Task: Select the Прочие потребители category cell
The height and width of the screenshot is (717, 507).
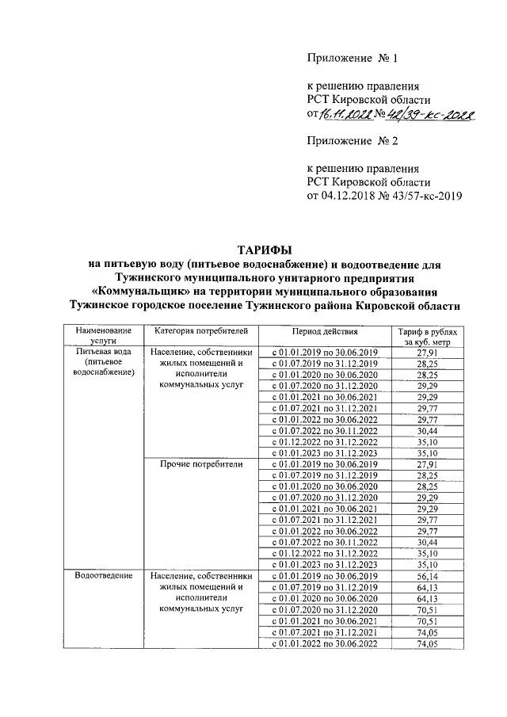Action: (x=201, y=463)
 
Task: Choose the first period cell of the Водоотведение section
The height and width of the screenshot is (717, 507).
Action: (x=325, y=577)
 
